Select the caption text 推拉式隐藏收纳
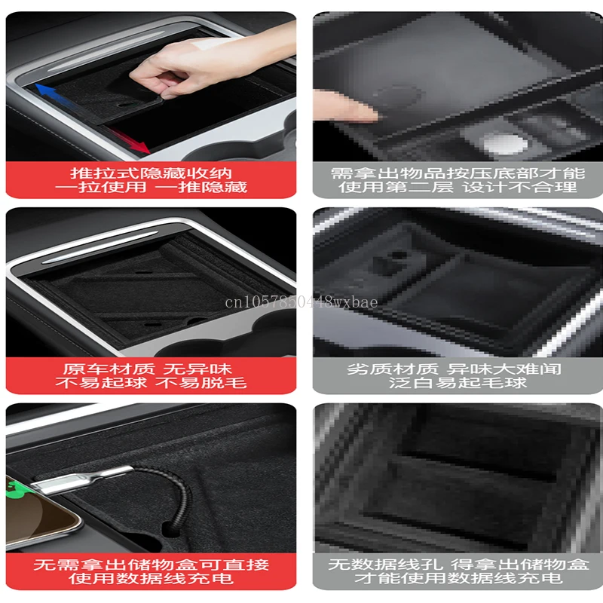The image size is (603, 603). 152,173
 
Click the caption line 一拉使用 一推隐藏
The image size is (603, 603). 151,187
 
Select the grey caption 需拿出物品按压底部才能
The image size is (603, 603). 458,173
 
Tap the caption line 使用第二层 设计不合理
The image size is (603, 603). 458,187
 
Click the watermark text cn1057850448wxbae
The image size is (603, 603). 301,302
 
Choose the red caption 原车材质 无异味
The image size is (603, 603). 147,369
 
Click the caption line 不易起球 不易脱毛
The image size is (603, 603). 151,383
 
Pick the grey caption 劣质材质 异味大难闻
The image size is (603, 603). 454,369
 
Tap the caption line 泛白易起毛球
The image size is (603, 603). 458,383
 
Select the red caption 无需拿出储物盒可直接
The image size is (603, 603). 152,565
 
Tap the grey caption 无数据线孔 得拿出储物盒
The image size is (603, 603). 458,565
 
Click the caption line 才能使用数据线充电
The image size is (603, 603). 458,578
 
